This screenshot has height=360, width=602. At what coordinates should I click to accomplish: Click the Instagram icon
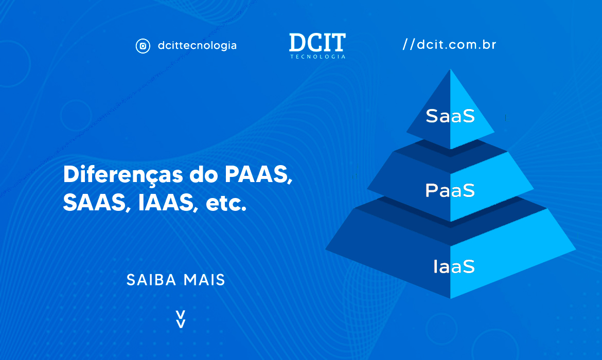(143, 46)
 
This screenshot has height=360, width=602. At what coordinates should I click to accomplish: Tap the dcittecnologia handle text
(197, 46)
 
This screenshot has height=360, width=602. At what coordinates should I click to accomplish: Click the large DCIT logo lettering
(317, 42)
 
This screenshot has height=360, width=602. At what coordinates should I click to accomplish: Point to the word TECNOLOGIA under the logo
(317, 57)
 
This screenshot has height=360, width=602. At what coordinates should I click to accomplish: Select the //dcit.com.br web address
(449, 45)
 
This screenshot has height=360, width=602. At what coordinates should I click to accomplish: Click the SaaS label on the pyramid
(450, 116)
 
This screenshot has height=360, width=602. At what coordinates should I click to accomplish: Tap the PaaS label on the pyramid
(450, 190)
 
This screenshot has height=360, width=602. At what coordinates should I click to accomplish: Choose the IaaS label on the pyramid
(454, 266)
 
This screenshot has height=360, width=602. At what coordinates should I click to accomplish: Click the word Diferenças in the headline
(123, 175)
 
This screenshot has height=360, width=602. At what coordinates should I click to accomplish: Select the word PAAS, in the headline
(258, 175)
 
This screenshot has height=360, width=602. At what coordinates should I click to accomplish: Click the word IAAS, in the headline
(168, 203)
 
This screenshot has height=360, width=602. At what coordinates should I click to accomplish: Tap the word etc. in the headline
(226, 204)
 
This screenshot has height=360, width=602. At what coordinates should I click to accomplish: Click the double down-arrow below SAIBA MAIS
(181, 319)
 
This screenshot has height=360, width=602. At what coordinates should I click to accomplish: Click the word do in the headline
(203, 175)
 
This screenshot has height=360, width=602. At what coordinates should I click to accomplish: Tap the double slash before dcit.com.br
(409, 45)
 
